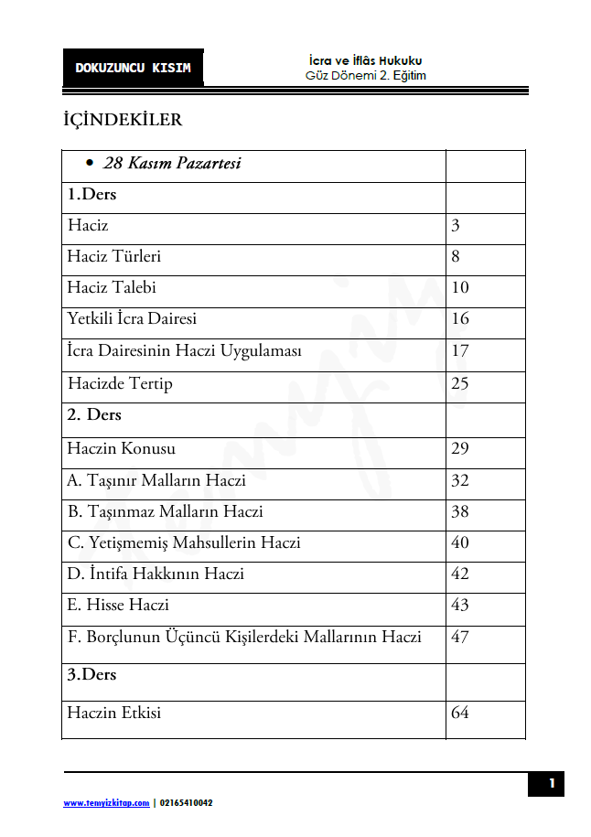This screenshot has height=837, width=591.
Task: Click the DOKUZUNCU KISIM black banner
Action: (x=134, y=68)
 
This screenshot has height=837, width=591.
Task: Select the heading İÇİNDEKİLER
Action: (x=123, y=121)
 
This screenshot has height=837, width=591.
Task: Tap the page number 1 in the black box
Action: (x=552, y=783)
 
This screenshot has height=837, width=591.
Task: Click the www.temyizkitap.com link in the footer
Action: (x=106, y=803)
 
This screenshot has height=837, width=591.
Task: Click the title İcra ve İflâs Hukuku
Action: (x=366, y=60)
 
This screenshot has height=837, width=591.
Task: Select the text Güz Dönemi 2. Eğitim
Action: (x=366, y=76)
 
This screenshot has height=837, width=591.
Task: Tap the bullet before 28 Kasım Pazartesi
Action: (x=90, y=165)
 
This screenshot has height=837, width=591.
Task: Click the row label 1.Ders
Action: (x=91, y=195)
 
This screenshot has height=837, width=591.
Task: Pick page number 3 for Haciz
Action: (x=456, y=226)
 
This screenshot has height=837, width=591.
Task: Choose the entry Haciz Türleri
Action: (x=114, y=257)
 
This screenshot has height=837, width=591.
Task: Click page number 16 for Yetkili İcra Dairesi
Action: (x=460, y=319)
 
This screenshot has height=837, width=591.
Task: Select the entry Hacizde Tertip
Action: (x=120, y=383)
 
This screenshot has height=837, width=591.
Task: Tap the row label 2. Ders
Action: (x=94, y=415)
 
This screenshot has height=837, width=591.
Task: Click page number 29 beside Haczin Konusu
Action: (x=460, y=449)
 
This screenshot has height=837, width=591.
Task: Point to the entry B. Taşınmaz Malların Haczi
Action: (x=166, y=512)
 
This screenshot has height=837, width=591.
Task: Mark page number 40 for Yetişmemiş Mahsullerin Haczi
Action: (x=460, y=543)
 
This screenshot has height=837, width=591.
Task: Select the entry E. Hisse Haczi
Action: (x=118, y=606)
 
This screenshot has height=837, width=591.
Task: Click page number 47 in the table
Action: (x=460, y=638)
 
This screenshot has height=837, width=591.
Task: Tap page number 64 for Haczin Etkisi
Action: (x=460, y=713)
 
